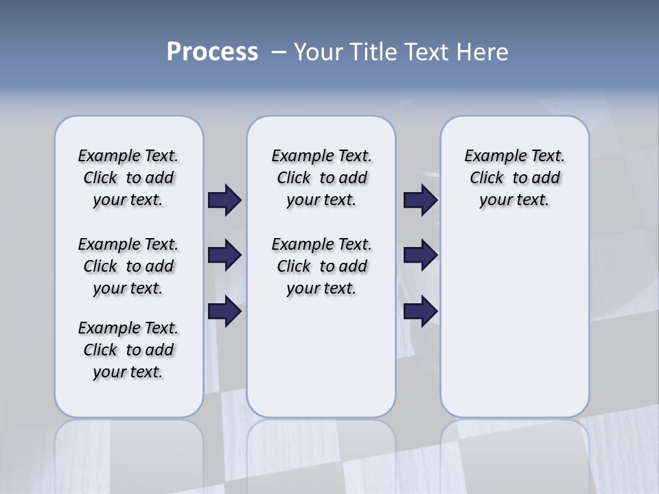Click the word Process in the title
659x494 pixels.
[212, 52]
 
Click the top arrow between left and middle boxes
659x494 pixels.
[224, 200]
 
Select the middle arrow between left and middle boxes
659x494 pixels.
[224, 255]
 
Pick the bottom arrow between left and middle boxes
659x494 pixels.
[224, 311]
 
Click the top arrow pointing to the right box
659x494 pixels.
[420, 200]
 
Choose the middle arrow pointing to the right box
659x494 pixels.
[420, 255]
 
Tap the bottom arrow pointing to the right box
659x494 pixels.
[420, 311]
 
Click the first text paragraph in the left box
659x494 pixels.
[128, 178]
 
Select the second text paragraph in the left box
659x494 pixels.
[128, 266]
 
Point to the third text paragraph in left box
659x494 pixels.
[128, 350]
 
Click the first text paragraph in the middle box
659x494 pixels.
[321, 178]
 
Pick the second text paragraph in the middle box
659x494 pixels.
[321, 266]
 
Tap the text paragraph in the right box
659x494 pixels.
[514, 178]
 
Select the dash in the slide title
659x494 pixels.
[279, 52]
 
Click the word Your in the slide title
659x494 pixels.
[319, 52]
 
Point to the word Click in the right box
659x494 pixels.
[487, 178]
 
